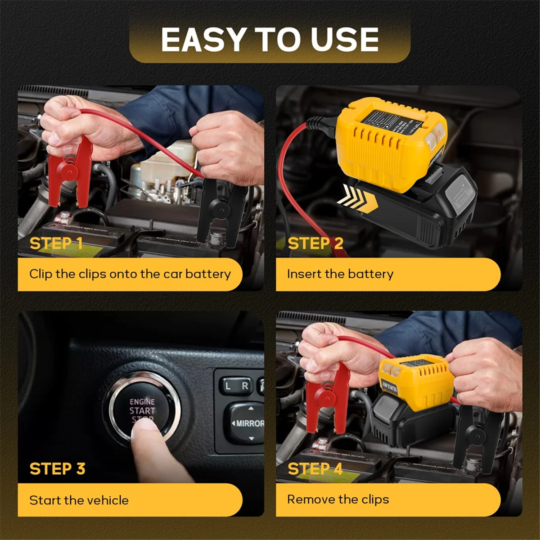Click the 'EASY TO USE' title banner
270,39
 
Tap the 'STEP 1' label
56,243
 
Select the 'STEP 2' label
315,243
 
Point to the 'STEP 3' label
57,468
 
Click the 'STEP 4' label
315,468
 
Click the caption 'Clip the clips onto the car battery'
130,274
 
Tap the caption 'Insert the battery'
340,274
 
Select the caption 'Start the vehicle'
79,500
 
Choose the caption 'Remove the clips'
338,499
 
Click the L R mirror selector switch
236,386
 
